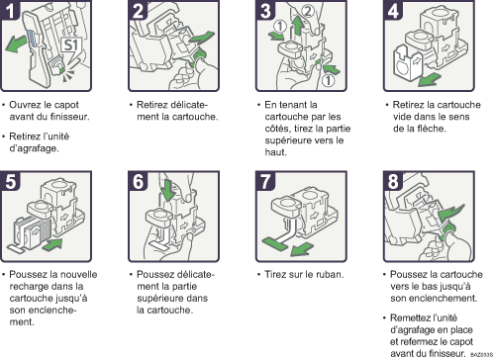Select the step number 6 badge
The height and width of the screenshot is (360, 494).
[139, 182]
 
